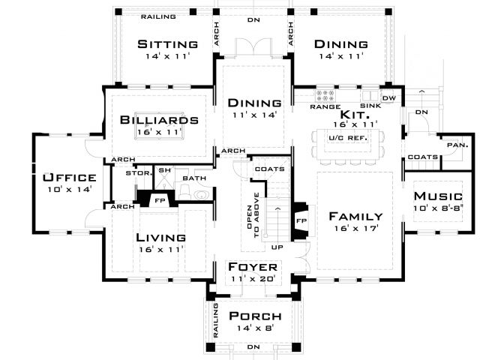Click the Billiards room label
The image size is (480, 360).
click(159, 120)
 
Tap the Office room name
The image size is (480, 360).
click(70, 178)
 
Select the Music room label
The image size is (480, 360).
click(438, 196)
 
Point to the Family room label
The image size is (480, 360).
click(355, 217)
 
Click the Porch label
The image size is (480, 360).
click(255, 316)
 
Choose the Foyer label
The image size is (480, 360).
click(253, 267)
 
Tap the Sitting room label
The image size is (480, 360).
click(168, 44)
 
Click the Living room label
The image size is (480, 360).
click(160, 238)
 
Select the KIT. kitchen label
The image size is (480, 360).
click(355, 115)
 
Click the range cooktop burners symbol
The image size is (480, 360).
click(325, 95)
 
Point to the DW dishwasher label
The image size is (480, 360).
click(389, 98)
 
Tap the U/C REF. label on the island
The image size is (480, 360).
click(348, 138)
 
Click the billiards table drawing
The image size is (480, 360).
click(160, 126)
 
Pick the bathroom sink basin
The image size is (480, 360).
click(202, 195)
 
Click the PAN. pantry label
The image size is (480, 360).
click(457, 145)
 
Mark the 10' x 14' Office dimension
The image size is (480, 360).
click(70, 190)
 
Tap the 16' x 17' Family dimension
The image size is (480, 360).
click(356, 228)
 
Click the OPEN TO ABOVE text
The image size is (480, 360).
click(253, 214)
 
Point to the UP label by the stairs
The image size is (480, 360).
click(277, 247)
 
